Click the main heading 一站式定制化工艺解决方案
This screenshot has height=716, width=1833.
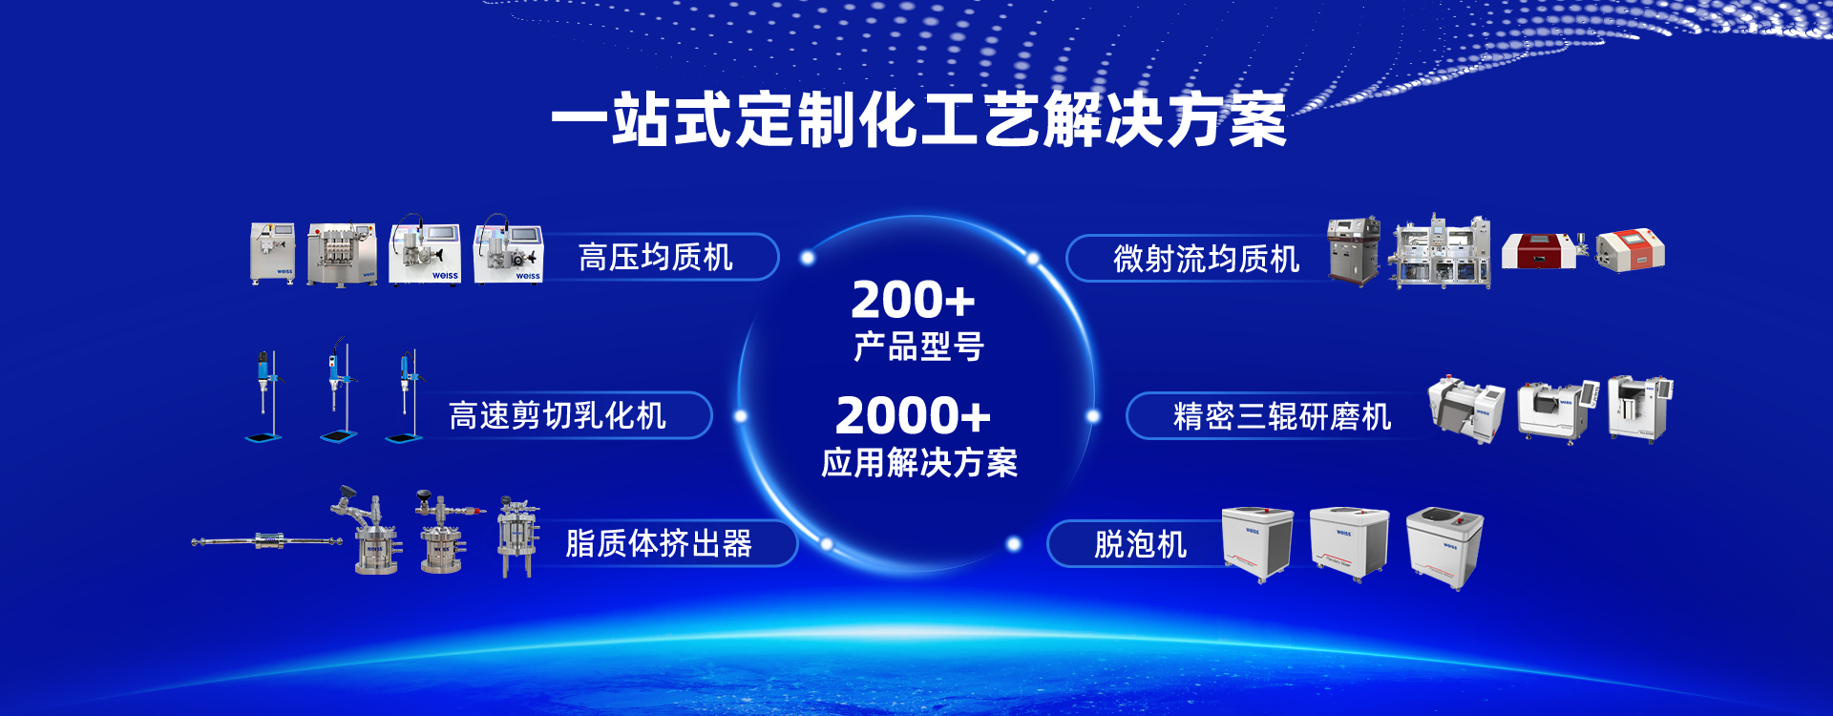click(x=918, y=120)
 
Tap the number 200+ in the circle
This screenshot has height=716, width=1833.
click(x=913, y=300)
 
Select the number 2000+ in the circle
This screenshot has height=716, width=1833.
click(x=913, y=415)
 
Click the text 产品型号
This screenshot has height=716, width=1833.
click(x=918, y=347)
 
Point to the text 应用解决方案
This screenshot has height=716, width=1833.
click(x=919, y=463)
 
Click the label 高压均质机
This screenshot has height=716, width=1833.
click(x=656, y=258)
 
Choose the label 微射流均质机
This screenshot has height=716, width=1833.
click(x=1207, y=259)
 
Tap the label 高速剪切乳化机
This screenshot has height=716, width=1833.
click(x=558, y=416)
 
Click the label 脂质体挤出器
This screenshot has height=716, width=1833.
click(x=659, y=544)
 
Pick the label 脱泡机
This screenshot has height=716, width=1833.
click(x=1141, y=545)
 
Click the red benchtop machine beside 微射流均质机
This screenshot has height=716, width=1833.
click(x=1538, y=250)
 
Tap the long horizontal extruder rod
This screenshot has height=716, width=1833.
click(x=266, y=541)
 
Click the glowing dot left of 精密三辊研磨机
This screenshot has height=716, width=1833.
click(x=1093, y=416)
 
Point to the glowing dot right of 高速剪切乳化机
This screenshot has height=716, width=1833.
click(x=740, y=416)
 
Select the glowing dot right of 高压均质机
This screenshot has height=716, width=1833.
click(x=808, y=258)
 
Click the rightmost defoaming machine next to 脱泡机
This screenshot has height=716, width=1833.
click(x=1444, y=547)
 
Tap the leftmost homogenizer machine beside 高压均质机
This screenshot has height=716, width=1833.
click(x=272, y=253)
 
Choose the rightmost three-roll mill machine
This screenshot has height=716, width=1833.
click(x=1640, y=409)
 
